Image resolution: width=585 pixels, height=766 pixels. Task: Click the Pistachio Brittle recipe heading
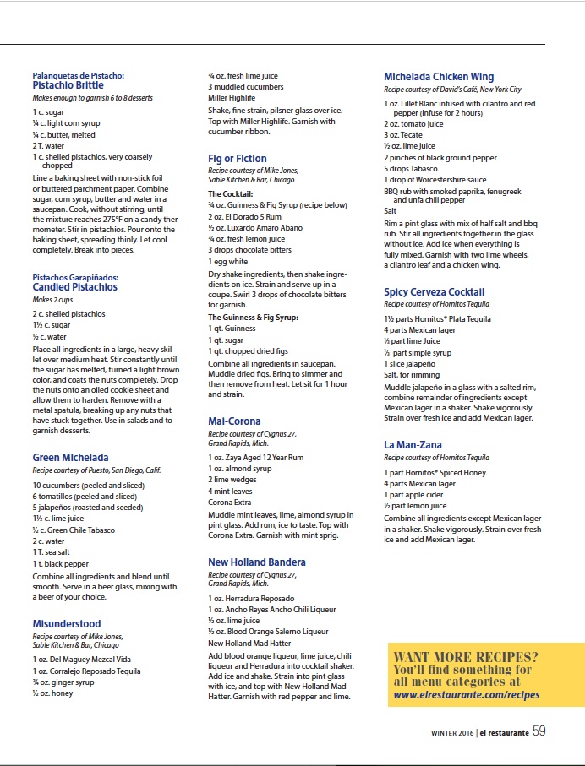pos(68,85)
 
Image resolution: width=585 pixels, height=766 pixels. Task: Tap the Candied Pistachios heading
pos(74,287)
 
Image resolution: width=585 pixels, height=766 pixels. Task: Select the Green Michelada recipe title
pos(70,458)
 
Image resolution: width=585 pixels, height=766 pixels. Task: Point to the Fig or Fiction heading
pos(237,159)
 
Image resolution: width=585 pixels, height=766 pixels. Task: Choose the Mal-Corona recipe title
pos(234,421)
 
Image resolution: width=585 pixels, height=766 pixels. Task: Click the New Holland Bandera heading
pos(257,562)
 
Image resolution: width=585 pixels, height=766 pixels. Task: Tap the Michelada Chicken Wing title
pos(439,77)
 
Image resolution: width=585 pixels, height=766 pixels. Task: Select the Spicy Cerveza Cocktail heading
pos(434,292)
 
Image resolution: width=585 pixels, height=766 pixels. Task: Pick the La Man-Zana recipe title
pos(413,445)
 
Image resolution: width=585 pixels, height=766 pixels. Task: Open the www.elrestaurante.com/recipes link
pos(466,695)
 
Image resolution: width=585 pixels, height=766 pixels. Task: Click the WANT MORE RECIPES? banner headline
pos(466,657)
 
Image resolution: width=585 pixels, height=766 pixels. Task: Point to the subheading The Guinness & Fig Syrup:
pos(252,317)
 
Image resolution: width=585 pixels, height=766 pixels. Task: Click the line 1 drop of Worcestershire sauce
pos(435,179)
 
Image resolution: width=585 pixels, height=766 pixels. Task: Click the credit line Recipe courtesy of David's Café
pos(452,90)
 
